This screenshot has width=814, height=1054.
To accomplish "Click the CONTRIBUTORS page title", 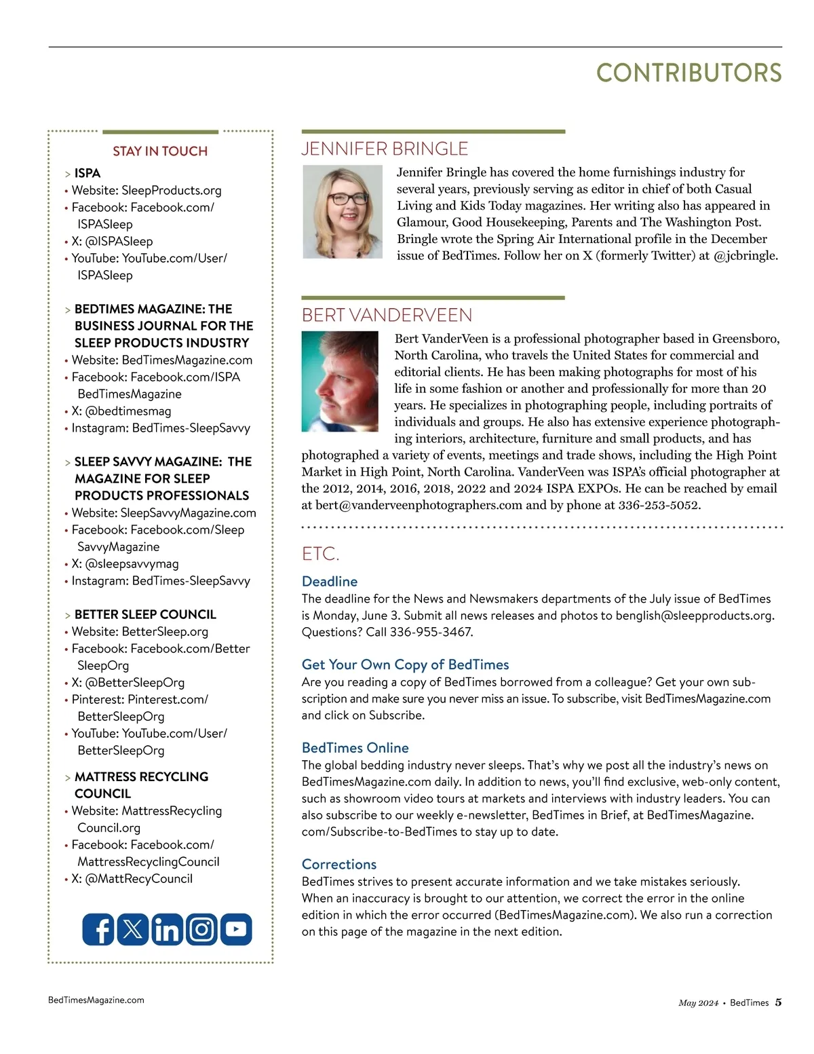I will coord(689,73).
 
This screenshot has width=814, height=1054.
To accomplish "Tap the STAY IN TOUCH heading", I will coord(160,151).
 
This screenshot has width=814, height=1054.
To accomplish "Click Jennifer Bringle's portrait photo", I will coord(343,212).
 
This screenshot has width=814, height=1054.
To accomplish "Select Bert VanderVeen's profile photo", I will coord(340,381).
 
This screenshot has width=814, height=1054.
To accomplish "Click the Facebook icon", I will coord(99,929).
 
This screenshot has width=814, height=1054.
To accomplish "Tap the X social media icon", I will coord(133,929).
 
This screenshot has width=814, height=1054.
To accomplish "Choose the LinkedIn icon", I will coord(167,929).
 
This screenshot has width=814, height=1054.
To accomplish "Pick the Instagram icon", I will coord(201,929).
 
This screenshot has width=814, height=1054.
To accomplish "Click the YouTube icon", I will coord(236,929).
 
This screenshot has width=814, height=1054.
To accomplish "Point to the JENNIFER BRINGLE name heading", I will coord(385,149).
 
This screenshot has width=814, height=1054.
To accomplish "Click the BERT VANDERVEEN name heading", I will coord(387,315).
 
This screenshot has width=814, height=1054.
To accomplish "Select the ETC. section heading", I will coord(320,554).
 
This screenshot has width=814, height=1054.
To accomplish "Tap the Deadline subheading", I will coord(330,582).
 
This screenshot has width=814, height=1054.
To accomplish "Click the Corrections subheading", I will coord(339,865).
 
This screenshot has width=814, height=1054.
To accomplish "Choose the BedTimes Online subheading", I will coord(355,748).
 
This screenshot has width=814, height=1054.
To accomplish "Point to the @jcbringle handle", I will coord(745,256).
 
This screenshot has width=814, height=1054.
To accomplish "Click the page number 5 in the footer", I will coord(778,1002).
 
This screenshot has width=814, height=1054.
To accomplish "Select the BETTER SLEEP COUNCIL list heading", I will coord(145,614).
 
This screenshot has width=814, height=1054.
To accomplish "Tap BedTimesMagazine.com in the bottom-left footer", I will coord(96,1000).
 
